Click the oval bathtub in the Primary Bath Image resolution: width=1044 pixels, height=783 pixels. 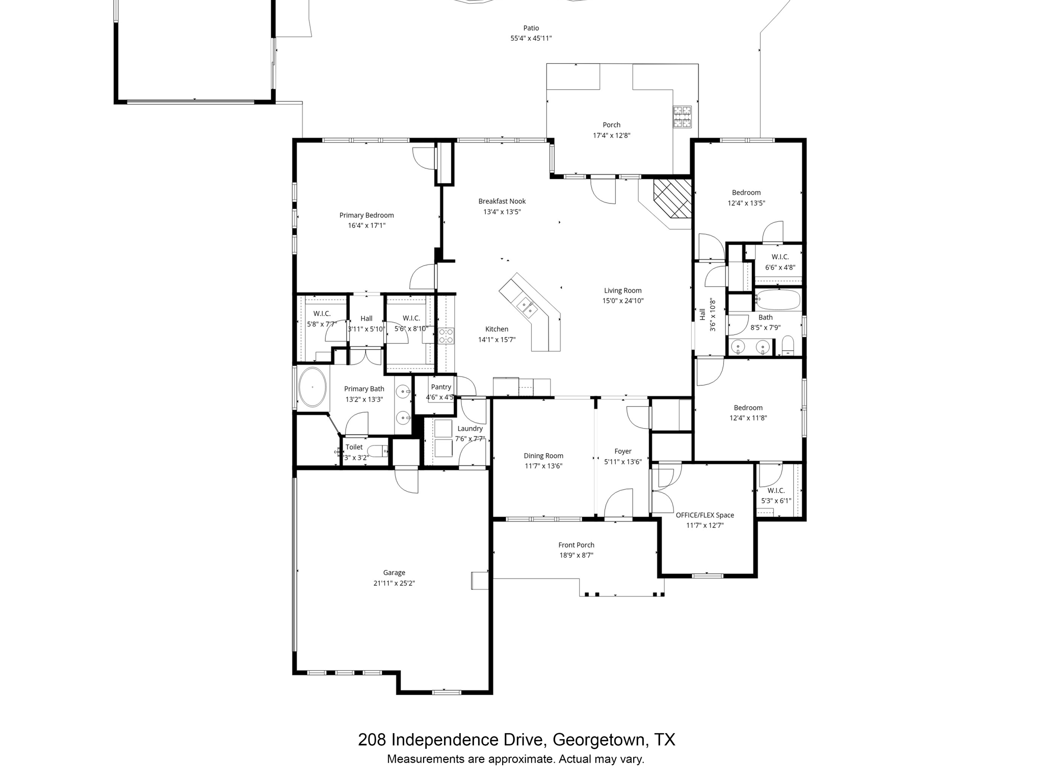tap(312, 387)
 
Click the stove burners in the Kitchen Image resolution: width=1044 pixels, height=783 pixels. tap(447, 335)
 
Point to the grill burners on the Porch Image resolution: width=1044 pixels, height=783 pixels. tap(682, 117)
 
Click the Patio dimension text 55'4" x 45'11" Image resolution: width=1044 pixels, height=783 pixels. tap(531, 38)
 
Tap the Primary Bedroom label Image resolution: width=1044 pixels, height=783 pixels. tap(367, 215)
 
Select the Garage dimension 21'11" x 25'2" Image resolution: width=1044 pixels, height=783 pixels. tap(394, 583)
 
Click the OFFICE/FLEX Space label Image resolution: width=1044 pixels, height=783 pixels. tap(704, 515)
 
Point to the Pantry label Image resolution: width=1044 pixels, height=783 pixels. tap(441, 387)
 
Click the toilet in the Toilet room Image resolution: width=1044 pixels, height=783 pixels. tap(378, 451)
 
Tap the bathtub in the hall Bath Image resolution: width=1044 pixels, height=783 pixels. tap(777, 300)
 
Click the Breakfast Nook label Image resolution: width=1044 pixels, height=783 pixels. tap(502, 201)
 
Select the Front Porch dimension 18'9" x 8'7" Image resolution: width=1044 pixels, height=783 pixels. tap(576, 555)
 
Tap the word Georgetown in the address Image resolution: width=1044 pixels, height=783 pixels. tap(601, 740)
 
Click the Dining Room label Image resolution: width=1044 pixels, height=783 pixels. tap(543, 456)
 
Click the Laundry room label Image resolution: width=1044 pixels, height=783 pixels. tap(469, 429)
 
